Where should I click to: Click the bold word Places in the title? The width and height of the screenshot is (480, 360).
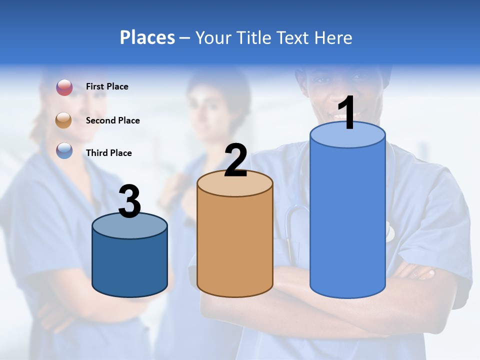click(x=147, y=37)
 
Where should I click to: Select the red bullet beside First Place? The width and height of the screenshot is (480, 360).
click(x=64, y=87)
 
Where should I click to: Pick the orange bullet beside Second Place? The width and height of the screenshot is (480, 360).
click(x=63, y=120)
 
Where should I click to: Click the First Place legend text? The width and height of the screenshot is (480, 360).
click(x=107, y=86)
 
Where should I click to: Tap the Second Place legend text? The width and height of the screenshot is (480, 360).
click(x=112, y=120)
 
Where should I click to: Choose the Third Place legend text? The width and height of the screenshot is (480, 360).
click(x=108, y=153)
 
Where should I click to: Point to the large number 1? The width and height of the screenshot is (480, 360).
click(x=346, y=113)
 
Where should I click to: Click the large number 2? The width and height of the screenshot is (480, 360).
click(x=235, y=160)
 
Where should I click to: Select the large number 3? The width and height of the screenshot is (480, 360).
click(x=129, y=201)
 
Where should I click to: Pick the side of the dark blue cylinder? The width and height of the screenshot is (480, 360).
click(x=129, y=265)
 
